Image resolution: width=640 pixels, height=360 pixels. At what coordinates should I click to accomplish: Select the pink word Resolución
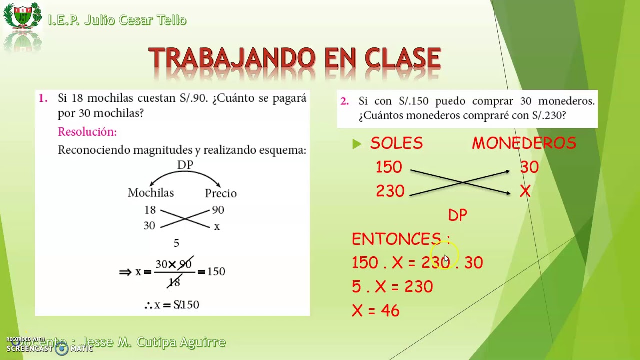coord(87,132)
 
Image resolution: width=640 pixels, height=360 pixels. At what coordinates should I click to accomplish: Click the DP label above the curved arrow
coord(185,165)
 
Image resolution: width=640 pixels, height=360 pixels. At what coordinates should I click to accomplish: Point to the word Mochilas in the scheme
coord(151,193)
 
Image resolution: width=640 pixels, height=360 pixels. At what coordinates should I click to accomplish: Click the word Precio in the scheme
coord(221,193)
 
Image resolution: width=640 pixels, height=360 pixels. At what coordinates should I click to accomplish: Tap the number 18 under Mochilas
coord(150,210)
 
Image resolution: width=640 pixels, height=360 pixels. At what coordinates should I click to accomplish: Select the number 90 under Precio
coord(218,210)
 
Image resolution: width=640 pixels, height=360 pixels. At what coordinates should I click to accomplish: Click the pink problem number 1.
coord(43,99)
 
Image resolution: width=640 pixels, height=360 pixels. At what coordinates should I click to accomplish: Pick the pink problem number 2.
coord(344,101)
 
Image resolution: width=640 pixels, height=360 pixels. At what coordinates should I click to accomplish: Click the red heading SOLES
coord(396,144)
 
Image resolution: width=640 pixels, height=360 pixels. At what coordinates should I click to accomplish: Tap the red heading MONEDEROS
coord(524,144)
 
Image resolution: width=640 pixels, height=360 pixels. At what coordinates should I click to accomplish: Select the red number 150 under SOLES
coord(389,167)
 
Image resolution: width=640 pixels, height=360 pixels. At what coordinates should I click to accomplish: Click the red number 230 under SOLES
coord(390,191)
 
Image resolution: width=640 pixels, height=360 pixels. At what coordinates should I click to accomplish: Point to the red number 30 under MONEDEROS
coord(529,167)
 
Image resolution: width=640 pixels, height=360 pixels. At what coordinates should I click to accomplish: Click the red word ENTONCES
coord(396,239)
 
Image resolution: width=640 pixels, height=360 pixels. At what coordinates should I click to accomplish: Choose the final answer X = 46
coord(376,311)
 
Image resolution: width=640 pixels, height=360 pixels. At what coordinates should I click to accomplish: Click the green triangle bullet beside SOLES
coord(356,144)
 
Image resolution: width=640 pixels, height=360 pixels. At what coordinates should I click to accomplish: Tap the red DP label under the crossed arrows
coord(457,215)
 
